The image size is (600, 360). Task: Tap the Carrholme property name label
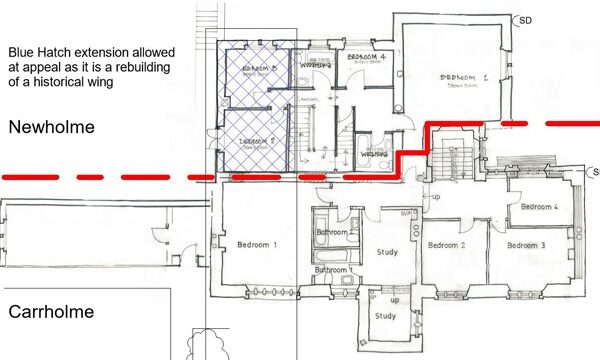pos(51,312)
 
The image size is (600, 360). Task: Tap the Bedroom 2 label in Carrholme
pos(447,245)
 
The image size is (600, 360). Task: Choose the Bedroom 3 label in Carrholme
pos(525,245)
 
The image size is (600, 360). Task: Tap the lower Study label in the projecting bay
pos(386,317)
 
